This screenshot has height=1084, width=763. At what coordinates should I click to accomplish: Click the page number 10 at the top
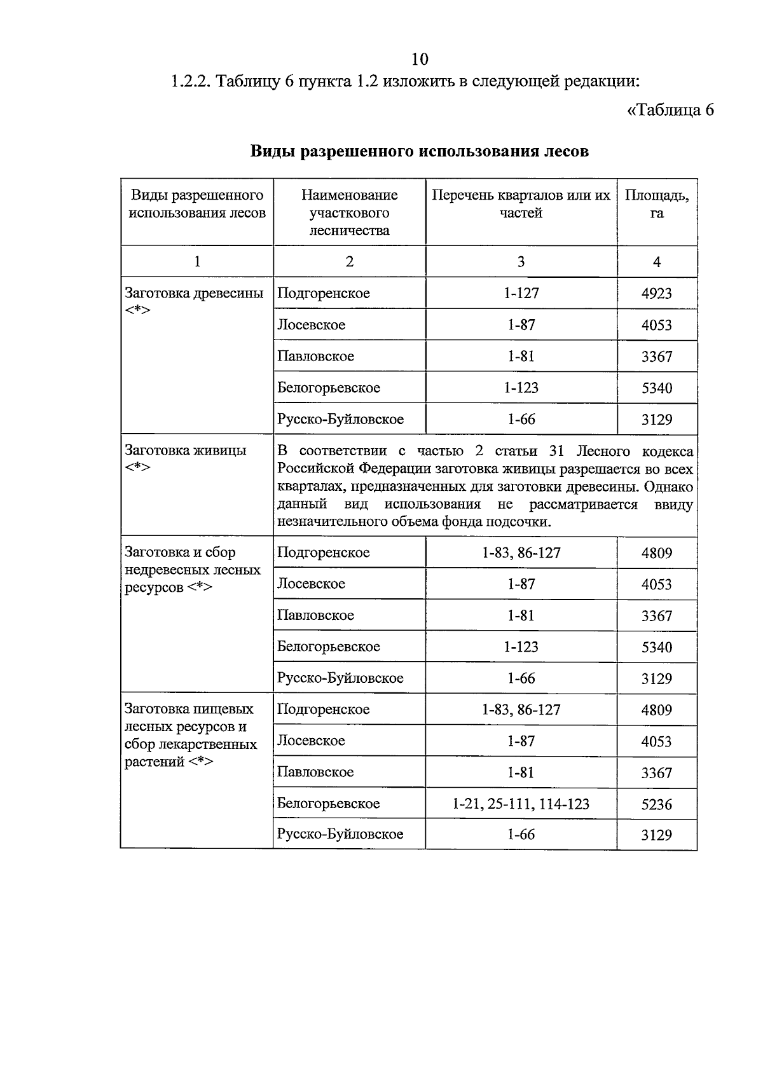click(x=420, y=59)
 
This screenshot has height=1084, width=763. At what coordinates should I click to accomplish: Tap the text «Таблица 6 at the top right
click(x=670, y=110)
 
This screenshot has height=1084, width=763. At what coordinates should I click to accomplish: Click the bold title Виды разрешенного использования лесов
click(x=419, y=151)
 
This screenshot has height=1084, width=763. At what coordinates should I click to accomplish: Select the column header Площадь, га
click(x=656, y=204)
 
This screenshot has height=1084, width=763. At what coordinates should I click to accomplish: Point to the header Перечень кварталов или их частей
click(x=521, y=204)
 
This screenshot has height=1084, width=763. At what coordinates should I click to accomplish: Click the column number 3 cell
click(x=521, y=262)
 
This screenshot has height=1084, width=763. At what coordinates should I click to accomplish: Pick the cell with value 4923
click(x=656, y=294)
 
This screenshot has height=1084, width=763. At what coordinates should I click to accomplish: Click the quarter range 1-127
click(x=521, y=293)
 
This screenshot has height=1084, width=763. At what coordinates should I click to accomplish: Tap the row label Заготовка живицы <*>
click(x=186, y=458)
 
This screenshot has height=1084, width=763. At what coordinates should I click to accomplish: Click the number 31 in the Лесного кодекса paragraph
click(x=556, y=451)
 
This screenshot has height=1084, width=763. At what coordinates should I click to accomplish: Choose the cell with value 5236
click(x=656, y=805)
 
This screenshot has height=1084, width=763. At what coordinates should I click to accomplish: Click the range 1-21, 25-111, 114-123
click(x=521, y=804)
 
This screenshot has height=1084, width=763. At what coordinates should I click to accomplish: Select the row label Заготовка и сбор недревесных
click(x=193, y=570)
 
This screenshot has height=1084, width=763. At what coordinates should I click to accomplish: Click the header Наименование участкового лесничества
click(x=349, y=212)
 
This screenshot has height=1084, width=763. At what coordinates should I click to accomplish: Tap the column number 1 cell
click(x=197, y=262)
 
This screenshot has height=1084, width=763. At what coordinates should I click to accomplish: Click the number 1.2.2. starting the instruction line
click(x=190, y=82)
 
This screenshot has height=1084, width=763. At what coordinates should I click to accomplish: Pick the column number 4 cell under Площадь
click(x=656, y=262)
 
